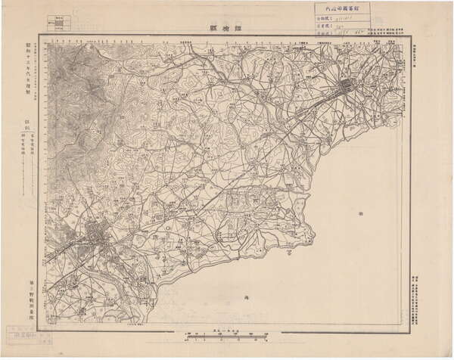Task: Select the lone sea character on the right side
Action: pos(359,215)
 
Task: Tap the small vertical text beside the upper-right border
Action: pos(415,53)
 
